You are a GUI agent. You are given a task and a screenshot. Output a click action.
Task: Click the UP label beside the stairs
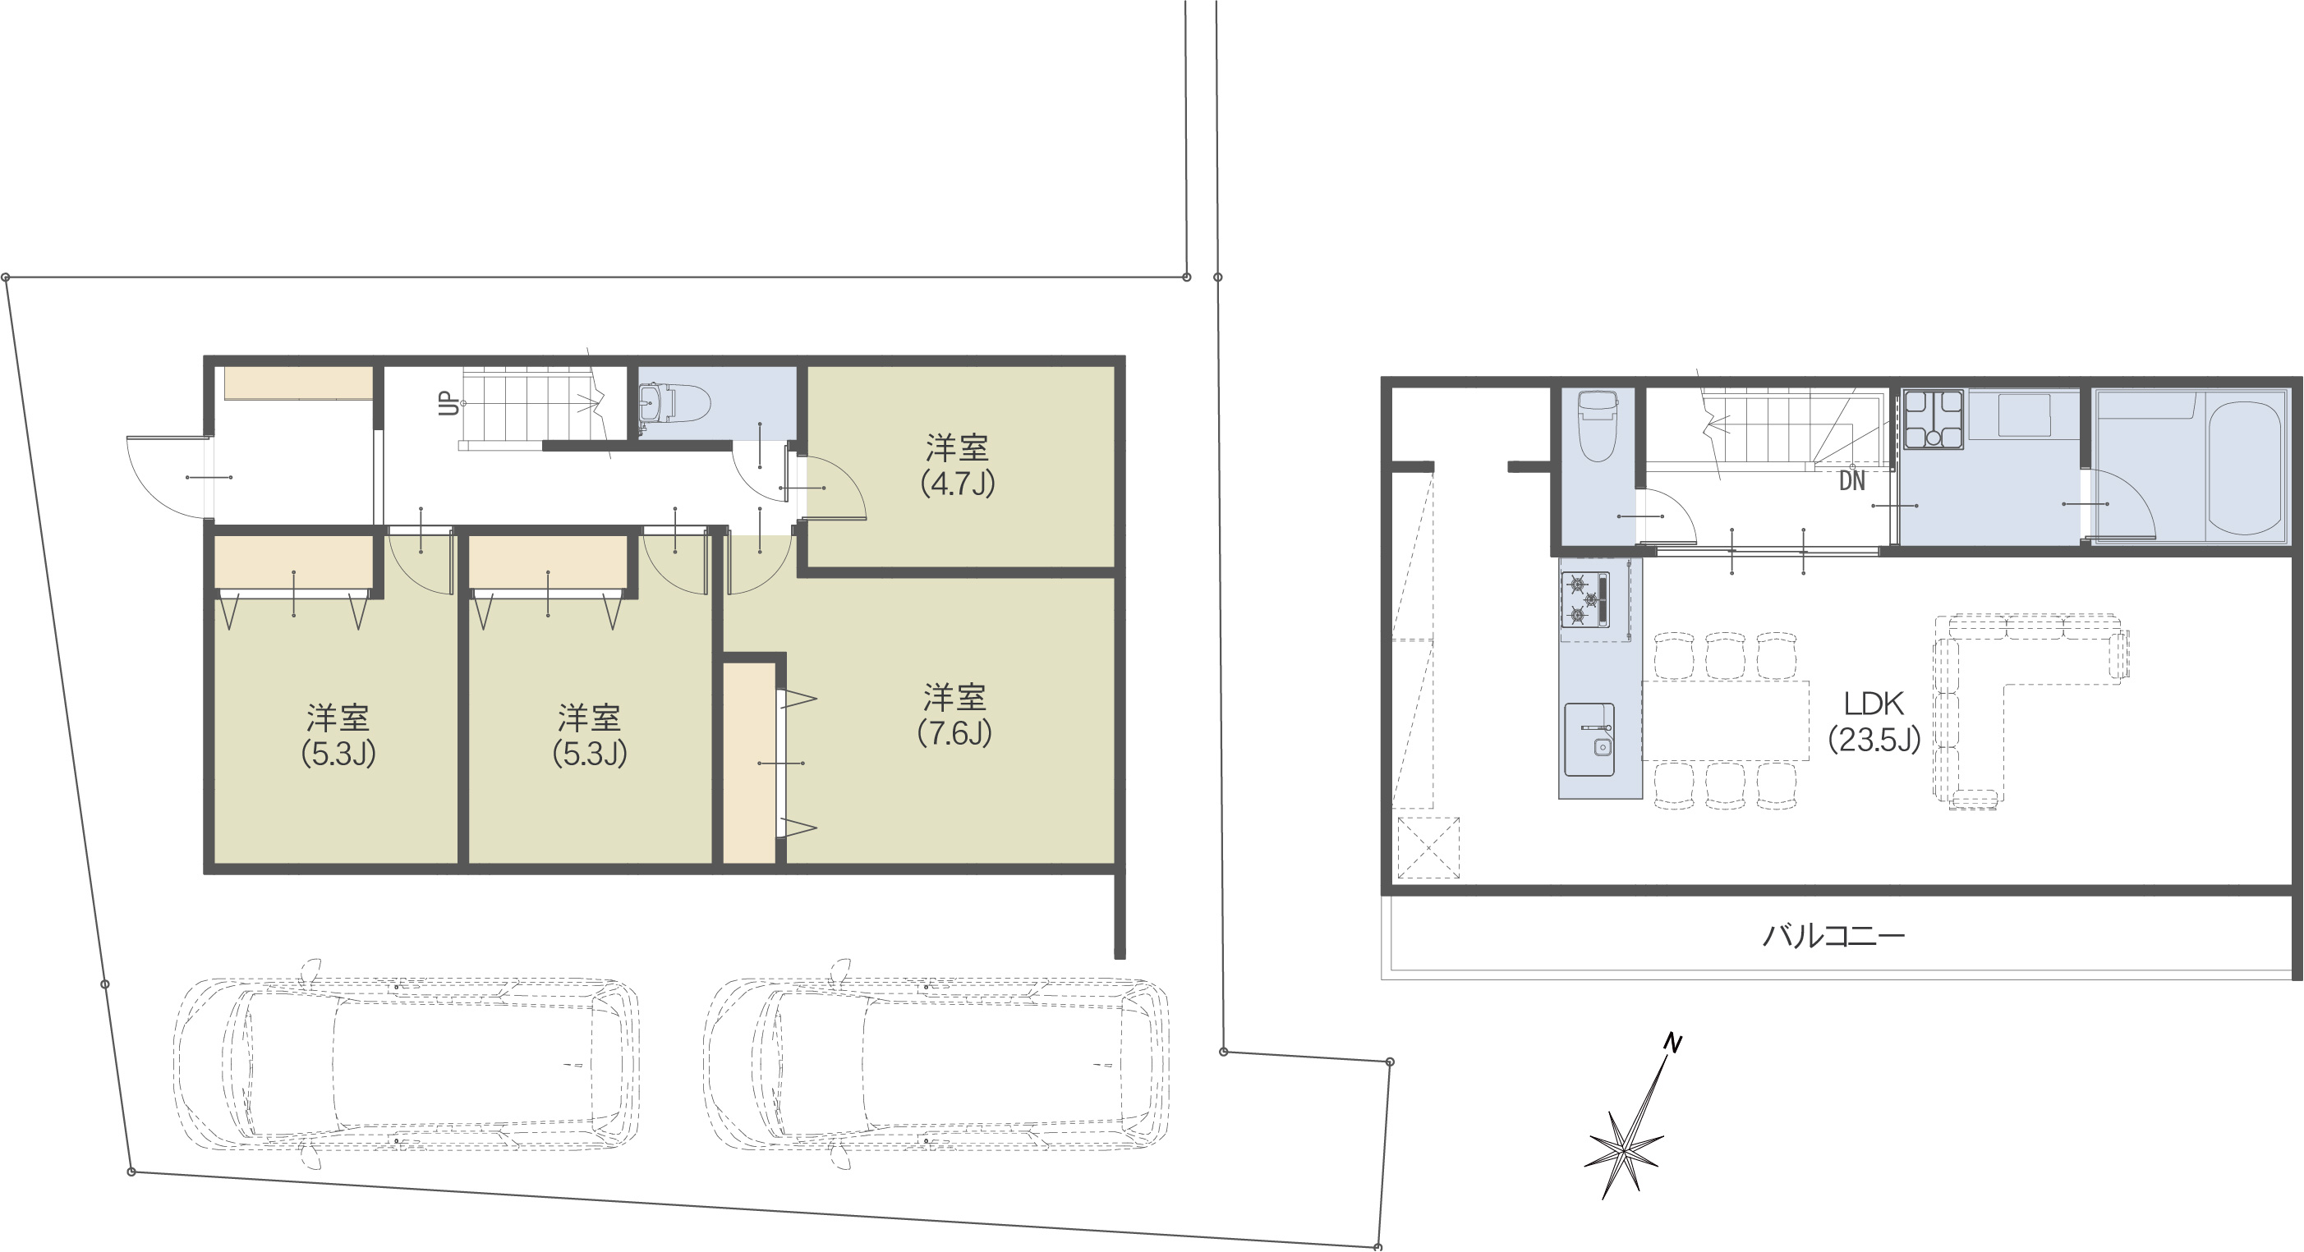(x=449, y=405)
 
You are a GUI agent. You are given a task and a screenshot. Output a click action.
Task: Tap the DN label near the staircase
(x=1852, y=481)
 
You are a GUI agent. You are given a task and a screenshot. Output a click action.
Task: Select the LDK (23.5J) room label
(x=1874, y=722)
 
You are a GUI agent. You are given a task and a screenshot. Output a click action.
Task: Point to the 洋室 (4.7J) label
(x=957, y=465)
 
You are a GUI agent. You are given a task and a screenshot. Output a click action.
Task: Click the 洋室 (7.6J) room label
(x=954, y=715)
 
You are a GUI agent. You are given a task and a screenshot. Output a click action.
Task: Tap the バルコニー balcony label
(x=1833, y=936)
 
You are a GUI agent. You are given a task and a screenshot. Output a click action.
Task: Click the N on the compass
(x=1672, y=1043)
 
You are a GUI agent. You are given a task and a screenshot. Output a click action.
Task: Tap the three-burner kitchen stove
(x=1585, y=600)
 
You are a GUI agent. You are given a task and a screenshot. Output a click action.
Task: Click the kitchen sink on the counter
(x=1589, y=739)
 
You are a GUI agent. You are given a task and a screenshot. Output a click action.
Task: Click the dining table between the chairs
(x=1725, y=721)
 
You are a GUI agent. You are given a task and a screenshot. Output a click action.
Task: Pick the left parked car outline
(x=407, y=1064)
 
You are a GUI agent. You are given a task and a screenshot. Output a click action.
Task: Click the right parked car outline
(x=936, y=1064)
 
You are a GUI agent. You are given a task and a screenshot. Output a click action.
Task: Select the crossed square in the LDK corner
(x=1428, y=847)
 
